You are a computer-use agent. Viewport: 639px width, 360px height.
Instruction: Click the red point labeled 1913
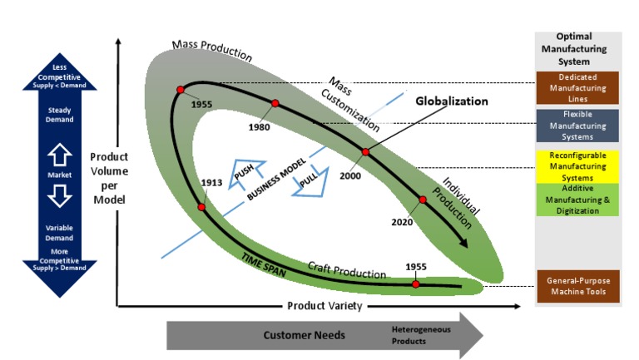pos(201,206)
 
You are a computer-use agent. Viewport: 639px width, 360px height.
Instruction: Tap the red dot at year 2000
pos(364,152)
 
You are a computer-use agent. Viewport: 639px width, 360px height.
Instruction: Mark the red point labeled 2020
pos(422,200)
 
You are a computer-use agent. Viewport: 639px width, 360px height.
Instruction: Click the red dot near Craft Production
pos(415,284)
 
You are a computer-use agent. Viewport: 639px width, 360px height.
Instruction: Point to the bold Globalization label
pos(451,101)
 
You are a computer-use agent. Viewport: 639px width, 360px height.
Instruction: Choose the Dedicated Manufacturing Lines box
pos(577,88)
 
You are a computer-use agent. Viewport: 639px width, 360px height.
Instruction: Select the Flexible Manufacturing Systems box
pos(577,125)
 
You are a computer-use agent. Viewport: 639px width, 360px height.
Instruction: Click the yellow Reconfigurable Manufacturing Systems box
pos(577,166)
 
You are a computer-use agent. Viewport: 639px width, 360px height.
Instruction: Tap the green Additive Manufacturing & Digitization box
pos(577,200)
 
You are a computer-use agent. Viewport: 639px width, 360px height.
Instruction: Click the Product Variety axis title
pos(324,306)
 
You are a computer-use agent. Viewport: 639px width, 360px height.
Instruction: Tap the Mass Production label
pos(211,49)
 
